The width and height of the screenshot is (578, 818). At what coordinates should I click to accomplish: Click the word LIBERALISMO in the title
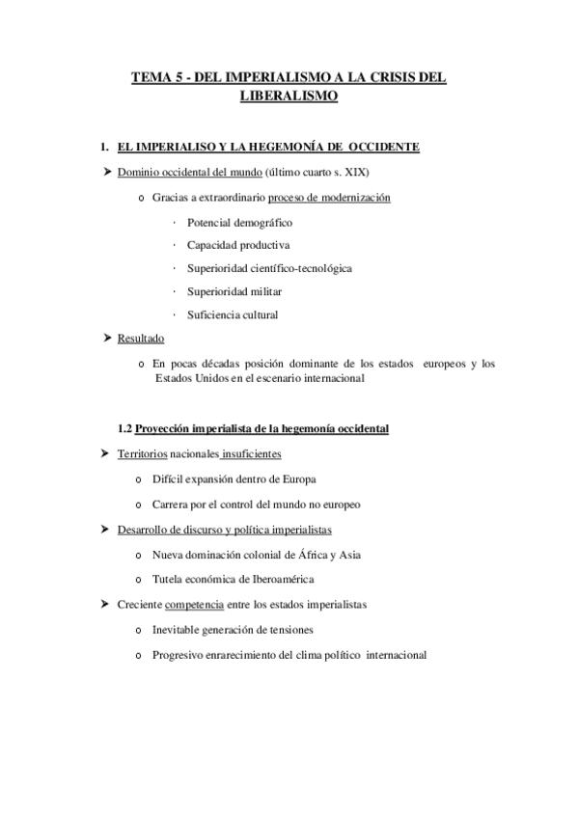click(288, 96)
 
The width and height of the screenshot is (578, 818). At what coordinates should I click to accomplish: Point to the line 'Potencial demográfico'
click(234, 222)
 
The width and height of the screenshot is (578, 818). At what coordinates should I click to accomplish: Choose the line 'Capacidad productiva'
click(232, 245)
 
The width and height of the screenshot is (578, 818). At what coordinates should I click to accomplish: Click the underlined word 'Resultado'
click(141, 339)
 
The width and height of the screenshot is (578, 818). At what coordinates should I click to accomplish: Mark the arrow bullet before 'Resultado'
click(107, 339)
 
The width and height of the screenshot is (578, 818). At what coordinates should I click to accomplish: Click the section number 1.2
click(124, 429)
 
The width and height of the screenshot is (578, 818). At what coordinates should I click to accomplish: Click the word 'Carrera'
click(172, 504)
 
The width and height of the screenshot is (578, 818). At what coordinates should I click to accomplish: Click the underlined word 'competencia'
click(194, 604)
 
